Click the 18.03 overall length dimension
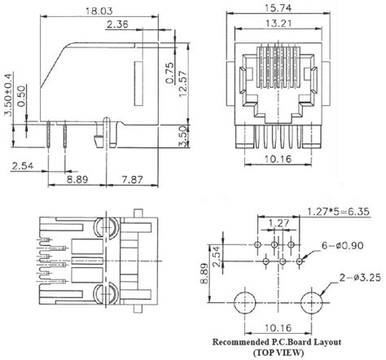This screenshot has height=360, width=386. [x=99, y=11]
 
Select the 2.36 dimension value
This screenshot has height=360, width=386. [x=117, y=24]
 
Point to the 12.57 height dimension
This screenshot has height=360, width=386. [x=183, y=84]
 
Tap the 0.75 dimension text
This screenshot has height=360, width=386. [x=170, y=72]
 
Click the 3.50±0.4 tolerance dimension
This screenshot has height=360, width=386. [x=8, y=94]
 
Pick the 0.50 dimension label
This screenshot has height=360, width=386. [x=21, y=96]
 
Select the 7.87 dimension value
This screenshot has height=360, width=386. [x=132, y=179]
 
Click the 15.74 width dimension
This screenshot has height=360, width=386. [x=278, y=8]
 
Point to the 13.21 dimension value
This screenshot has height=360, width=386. [x=279, y=24]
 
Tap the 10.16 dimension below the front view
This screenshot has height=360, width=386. [x=278, y=159]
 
